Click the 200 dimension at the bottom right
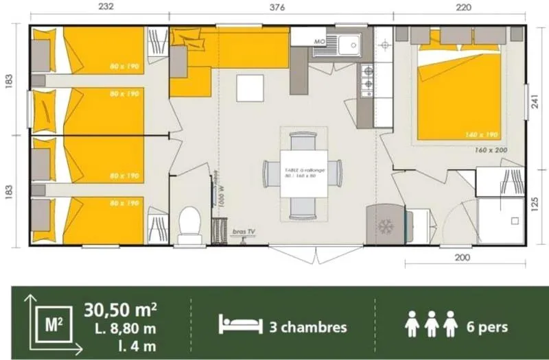463,258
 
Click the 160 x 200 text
491,149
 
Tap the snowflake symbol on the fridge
384,226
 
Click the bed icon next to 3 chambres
241,326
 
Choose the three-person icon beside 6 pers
432,324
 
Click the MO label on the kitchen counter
319,41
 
